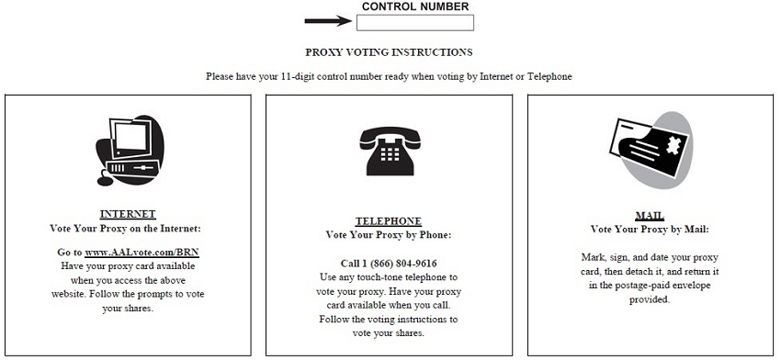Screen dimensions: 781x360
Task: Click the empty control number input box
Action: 415,22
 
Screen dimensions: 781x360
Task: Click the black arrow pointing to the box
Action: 329,21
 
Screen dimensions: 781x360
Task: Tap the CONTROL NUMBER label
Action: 415,6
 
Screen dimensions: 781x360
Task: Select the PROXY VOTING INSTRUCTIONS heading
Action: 389,52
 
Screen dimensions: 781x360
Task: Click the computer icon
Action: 130,151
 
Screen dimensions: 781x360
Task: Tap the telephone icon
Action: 390,151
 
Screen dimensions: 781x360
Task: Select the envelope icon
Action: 651,150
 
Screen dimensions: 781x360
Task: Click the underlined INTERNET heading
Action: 128,215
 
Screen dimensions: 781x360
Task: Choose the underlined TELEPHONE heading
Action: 389,221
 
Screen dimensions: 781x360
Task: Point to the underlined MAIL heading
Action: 650,216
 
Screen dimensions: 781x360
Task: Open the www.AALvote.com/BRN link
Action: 141,253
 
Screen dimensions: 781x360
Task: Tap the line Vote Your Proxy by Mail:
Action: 650,230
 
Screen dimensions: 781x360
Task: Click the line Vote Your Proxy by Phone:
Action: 389,235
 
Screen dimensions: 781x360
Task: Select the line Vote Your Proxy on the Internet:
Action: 125,229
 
